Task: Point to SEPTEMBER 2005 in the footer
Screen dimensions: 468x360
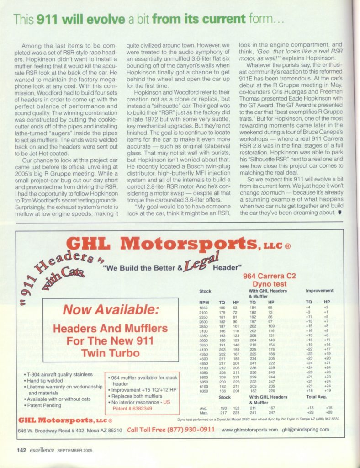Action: pos(75,450)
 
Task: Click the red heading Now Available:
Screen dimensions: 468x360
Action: pos(111,310)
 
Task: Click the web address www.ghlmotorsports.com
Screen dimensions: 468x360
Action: pos(250,430)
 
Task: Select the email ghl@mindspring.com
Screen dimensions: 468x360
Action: pos(305,430)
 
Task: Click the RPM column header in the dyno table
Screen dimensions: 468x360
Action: pos(204,302)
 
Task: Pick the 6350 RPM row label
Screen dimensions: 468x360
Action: pos(204,390)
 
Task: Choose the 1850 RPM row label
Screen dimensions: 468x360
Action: pos(204,308)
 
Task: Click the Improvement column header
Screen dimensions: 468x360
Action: pos(321,290)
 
